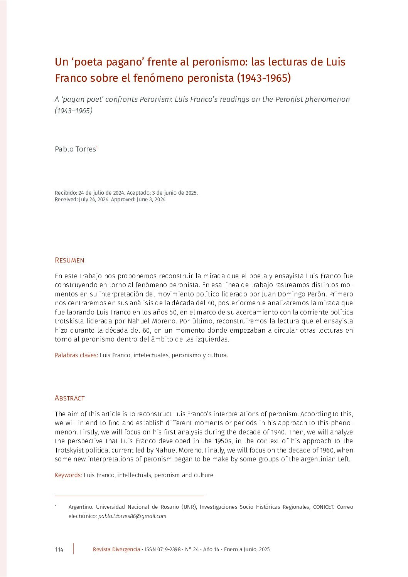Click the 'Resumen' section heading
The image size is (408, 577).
tap(69, 260)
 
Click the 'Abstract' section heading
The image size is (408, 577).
tap(69, 398)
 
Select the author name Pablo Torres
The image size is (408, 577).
tap(75, 149)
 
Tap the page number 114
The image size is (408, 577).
tap(59, 549)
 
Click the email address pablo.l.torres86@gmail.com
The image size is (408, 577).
tap(132, 516)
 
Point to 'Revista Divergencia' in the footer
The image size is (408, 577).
tap(116, 549)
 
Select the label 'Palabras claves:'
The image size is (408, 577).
tap(76, 355)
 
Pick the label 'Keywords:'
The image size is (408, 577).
tap(68, 475)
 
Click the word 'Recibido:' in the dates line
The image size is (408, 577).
tap(66, 193)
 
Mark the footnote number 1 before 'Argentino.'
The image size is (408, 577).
tap(56, 507)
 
